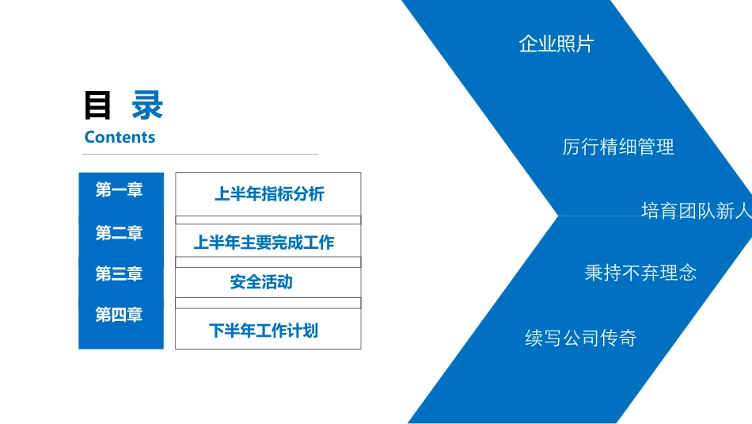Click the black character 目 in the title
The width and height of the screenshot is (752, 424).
pos(98,105)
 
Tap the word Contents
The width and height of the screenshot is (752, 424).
pos(120,137)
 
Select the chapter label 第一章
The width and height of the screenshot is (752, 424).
pos(119,190)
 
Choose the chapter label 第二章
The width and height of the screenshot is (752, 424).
pos(119,233)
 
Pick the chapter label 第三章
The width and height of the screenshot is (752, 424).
pos(119,274)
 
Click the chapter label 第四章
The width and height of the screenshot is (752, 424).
pos(119,315)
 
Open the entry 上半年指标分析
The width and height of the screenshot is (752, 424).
pos(269,193)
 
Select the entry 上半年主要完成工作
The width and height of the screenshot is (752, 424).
pos(264,243)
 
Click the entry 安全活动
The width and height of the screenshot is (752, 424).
pos(261,281)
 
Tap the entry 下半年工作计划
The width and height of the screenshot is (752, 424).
pos(264,330)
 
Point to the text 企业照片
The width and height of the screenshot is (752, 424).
pos(556,44)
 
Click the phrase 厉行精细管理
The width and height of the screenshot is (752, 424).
pos(618,147)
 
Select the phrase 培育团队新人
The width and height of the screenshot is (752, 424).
pos(695,211)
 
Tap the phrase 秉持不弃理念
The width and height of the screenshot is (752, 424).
pos(640,273)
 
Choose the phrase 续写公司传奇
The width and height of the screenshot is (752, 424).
pos(581,339)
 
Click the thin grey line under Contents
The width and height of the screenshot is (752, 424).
pos(201,154)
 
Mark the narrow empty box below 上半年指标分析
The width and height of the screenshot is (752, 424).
pos(268,220)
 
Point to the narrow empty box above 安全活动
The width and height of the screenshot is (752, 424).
pos(268,262)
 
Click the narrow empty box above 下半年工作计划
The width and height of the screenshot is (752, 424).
pos(268,303)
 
